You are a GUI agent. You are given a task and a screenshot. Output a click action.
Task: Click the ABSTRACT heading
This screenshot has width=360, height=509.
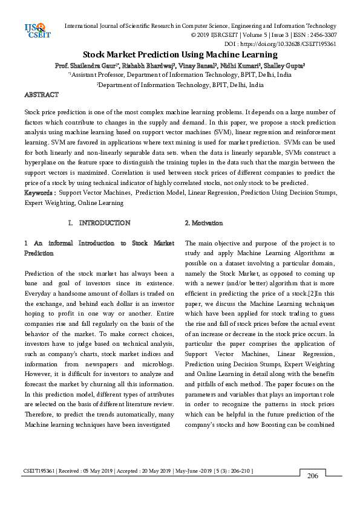[41, 95]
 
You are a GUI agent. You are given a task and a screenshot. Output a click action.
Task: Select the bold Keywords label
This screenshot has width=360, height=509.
[39, 192]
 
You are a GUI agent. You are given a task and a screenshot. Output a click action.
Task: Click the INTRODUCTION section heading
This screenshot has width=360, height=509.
[104, 223]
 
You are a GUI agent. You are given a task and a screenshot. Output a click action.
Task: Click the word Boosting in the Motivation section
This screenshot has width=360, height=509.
[282, 424]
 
